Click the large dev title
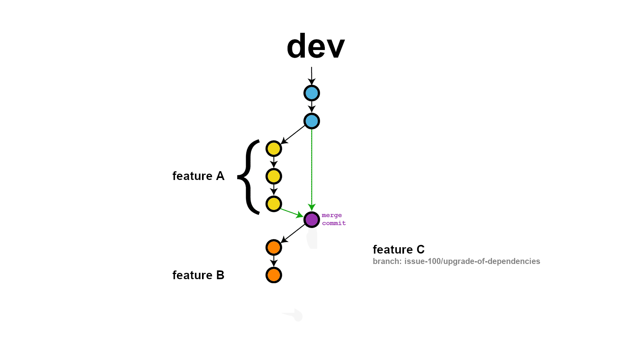pyautogui.click(x=316, y=46)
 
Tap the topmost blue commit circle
pyautogui.click(x=312, y=93)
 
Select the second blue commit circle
pyautogui.click(x=312, y=121)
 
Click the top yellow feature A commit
pyautogui.click(x=274, y=149)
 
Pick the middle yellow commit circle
pyautogui.click(x=274, y=176)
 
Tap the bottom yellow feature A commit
pyautogui.click(x=274, y=204)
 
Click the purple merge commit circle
pyautogui.click(x=312, y=220)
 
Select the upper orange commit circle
pyautogui.click(x=274, y=248)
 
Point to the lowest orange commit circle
pyautogui.click(x=274, y=275)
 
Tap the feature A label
pyautogui.click(x=198, y=176)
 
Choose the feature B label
pyautogui.click(x=198, y=275)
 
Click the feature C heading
pyautogui.click(x=398, y=250)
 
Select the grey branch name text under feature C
pyautogui.click(x=456, y=262)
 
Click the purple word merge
pyautogui.click(x=332, y=215)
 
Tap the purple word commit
pyautogui.click(x=334, y=223)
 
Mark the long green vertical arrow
pyautogui.click(x=312, y=168)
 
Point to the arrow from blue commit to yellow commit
pyautogui.click(x=294, y=134)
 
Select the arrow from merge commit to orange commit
pyautogui.click(x=294, y=233)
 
